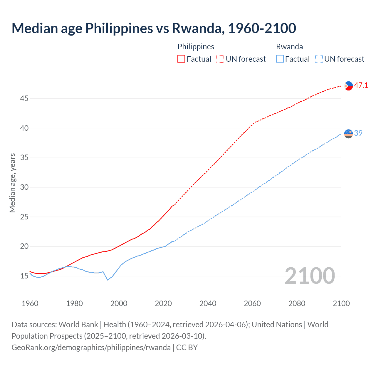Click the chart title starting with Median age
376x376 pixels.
154,28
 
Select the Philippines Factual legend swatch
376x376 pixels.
181,59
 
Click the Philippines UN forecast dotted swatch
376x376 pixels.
220,59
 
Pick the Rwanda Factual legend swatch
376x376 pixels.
280,59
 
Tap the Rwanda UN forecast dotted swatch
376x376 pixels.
319,59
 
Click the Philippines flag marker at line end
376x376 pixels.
348,86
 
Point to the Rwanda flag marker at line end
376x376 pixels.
348,133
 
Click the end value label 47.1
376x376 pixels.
361,85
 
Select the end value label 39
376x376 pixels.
358,133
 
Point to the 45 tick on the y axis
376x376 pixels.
24,99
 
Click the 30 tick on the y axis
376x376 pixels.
24,187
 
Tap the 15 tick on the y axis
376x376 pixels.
24,276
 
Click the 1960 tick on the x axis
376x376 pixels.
30,303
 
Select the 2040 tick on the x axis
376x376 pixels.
208,303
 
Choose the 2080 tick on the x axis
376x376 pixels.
297,303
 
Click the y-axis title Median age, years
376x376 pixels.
12,183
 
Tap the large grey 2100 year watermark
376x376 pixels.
310,276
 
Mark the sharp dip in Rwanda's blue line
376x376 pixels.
108,280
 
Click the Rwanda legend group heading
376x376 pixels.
289,47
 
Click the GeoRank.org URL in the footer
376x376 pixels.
91,348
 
